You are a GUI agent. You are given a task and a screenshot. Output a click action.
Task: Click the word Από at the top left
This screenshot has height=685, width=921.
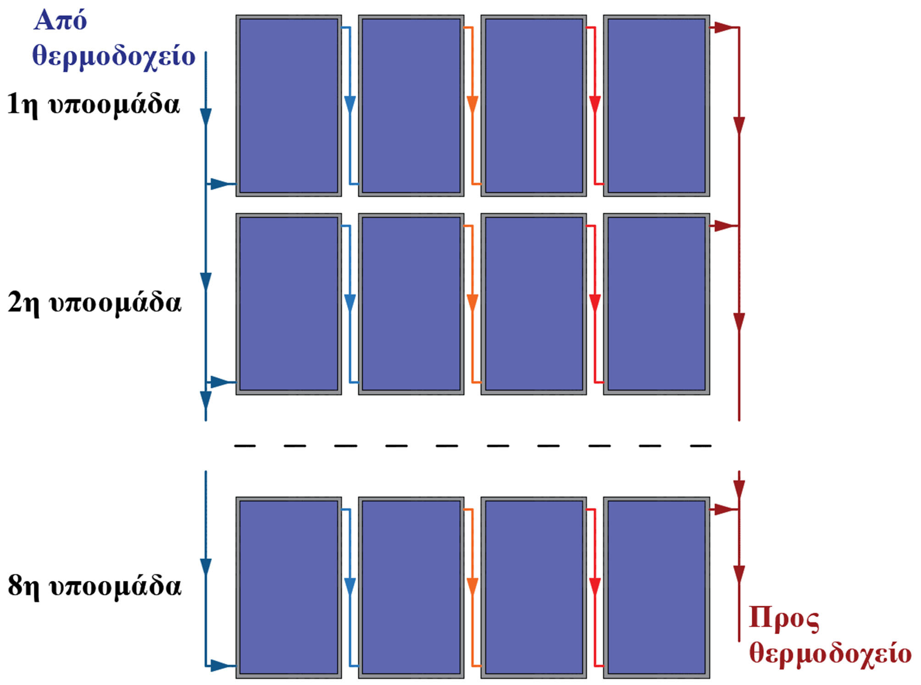click(60, 21)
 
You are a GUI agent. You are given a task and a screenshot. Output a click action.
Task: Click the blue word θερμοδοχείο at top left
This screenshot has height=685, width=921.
click(114, 56)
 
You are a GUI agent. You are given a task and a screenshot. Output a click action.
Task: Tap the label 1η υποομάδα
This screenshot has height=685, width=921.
click(93, 105)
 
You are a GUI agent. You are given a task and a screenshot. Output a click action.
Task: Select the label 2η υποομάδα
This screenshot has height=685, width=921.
click(94, 303)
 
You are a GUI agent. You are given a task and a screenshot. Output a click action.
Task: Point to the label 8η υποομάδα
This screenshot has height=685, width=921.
click(94, 586)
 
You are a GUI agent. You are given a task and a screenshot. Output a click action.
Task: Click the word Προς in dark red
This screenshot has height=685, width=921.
click(784, 619)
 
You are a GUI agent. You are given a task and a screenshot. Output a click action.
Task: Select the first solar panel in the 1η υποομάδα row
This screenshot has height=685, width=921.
click(289, 106)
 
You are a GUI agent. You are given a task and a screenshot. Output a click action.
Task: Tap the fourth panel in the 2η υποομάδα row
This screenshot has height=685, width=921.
click(656, 304)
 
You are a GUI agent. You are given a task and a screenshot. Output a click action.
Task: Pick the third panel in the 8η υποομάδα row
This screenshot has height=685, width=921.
click(534, 587)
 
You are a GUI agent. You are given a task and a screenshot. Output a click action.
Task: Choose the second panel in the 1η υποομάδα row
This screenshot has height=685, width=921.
click(411, 106)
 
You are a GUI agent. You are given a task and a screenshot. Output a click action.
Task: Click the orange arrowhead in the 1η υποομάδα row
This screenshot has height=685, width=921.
click(472, 105)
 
